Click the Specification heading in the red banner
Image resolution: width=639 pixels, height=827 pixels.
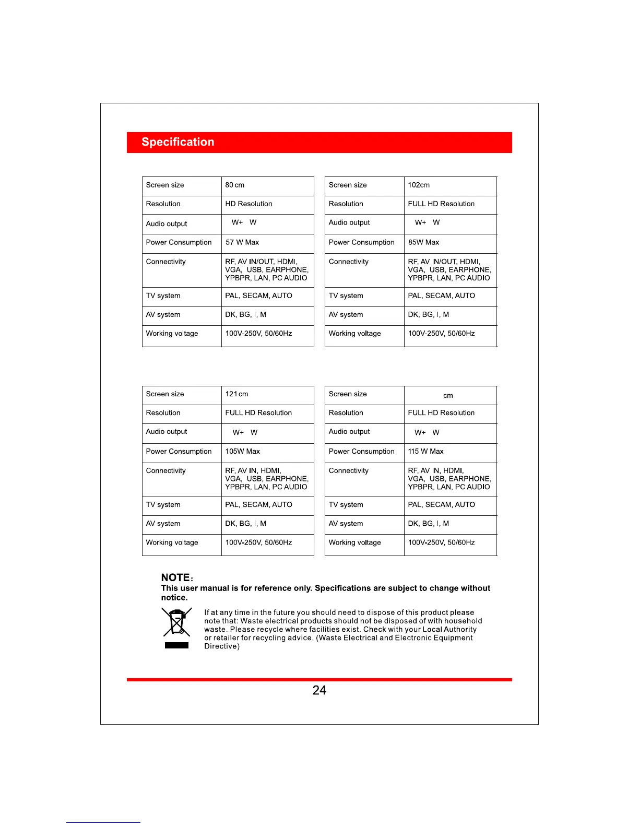tap(177, 142)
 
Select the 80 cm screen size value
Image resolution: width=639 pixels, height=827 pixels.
tap(235, 185)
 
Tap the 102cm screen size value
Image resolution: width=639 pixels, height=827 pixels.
tap(419, 185)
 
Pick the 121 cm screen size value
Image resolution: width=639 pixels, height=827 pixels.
tap(236, 394)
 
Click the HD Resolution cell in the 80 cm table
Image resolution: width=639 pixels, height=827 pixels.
tap(249, 204)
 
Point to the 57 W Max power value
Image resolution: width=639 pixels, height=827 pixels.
tap(242, 242)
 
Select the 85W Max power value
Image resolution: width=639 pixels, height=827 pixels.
tap(423, 242)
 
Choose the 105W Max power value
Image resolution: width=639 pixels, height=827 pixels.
tap(242, 452)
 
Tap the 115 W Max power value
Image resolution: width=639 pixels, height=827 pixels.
tap(425, 452)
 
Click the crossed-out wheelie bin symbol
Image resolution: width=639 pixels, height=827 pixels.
tap(177, 622)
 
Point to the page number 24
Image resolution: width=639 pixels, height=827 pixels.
tap(319, 690)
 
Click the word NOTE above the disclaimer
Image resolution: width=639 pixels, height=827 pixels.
tap(175, 577)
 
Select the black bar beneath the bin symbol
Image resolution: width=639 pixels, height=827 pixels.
tap(176, 645)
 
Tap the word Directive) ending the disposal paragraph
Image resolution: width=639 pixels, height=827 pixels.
tap(222, 646)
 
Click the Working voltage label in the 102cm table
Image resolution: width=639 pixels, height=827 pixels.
tap(354, 334)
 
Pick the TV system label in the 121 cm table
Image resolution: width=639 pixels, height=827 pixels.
tap(163, 505)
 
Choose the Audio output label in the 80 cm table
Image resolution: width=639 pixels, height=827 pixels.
tap(166, 224)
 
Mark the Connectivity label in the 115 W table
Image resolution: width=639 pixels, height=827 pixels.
tap(348, 471)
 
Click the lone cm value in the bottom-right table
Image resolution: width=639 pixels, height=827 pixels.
tap(448, 396)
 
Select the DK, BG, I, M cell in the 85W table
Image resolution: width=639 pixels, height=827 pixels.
tap(428, 315)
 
